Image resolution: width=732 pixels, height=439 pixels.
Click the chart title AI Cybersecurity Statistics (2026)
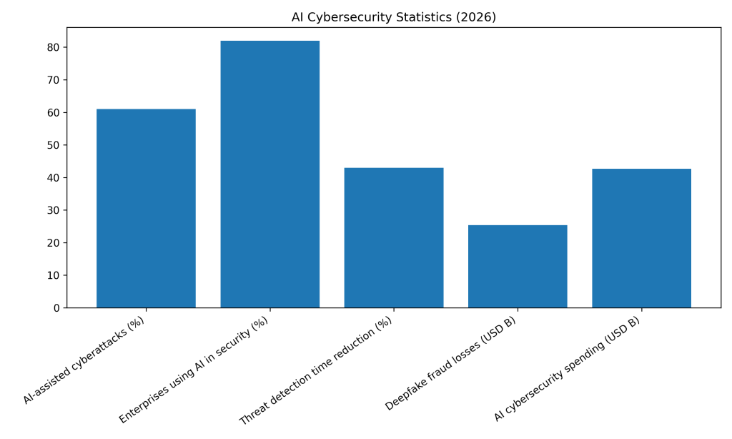coord(393,17)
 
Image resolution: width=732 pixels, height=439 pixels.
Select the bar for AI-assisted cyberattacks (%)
coord(146,208)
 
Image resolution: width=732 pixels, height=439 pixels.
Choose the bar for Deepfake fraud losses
coord(518,266)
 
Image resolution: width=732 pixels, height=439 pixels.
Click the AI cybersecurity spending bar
coord(641,238)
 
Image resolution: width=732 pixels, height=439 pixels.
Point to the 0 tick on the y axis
coord(56,308)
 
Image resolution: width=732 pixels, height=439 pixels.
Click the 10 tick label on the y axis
coord(53,275)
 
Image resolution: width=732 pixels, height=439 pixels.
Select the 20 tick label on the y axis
coord(53,243)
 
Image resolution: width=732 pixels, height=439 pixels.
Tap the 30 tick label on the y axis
coord(53,210)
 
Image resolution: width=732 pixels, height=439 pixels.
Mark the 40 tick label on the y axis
coord(53,178)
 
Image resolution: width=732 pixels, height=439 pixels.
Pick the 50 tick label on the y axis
coord(53,145)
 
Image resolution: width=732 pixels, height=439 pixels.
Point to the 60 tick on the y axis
coord(53,113)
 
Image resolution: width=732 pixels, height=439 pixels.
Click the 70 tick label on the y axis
coord(53,80)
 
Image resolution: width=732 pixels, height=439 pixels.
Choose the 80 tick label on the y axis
coord(53,48)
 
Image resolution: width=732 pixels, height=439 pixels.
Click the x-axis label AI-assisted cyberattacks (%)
coord(84,360)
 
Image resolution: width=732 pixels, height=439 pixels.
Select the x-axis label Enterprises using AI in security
coord(194,370)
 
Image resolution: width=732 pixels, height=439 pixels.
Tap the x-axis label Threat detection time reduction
coord(317,370)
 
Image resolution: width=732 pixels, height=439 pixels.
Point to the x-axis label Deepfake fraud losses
coord(451,363)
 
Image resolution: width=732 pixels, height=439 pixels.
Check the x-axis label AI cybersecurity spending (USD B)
coord(568,368)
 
